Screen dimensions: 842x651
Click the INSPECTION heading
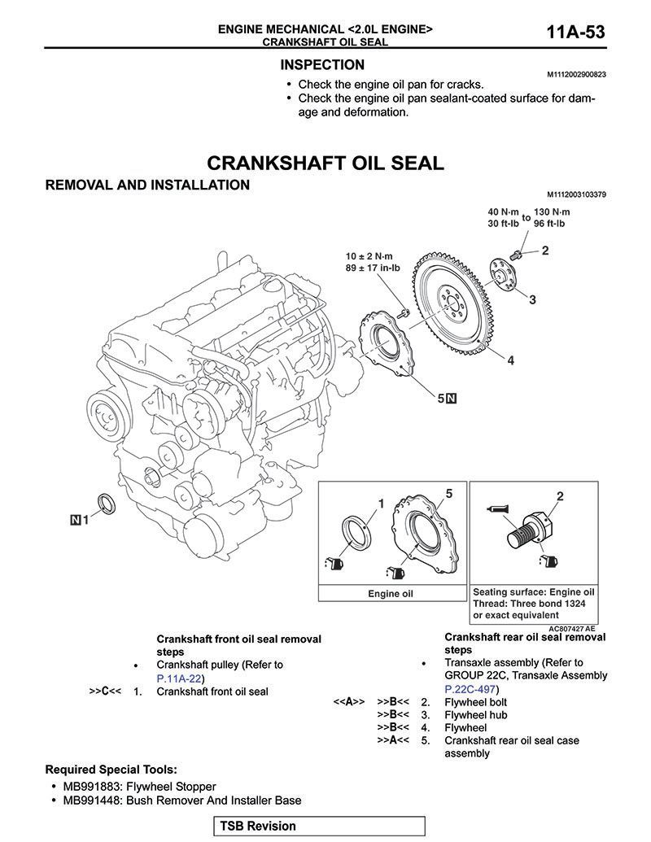(x=322, y=64)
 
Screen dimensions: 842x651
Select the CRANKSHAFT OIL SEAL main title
(x=325, y=162)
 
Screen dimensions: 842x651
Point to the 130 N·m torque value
(x=552, y=212)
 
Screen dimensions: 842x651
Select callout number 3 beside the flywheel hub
(x=531, y=300)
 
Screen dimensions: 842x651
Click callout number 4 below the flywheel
(x=510, y=360)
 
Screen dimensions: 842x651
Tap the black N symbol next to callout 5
(x=452, y=399)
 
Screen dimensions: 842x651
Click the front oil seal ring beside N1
(x=106, y=503)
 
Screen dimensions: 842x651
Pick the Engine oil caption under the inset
(x=390, y=594)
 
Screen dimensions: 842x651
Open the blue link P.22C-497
(x=470, y=687)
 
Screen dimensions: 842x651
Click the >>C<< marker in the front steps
(x=105, y=691)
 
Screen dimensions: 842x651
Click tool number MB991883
(x=90, y=787)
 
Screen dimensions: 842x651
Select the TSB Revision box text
(x=258, y=826)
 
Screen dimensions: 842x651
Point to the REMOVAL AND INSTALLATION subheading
(x=147, y=185)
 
